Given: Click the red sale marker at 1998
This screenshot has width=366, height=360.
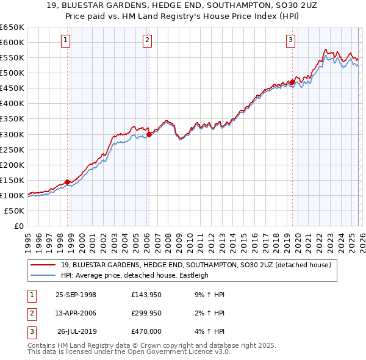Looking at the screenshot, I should click(x=68, y=181).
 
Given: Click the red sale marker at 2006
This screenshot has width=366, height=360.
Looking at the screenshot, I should click(x=149, y=134).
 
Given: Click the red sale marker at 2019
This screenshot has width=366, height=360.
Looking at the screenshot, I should click(x=292, y=82).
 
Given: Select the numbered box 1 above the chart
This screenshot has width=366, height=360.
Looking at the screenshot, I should click(x=65, y=41).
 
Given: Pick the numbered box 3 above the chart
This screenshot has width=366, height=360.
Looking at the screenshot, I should click(x=290, y=41).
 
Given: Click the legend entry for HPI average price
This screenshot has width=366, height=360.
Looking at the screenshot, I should click(x=135, y=275).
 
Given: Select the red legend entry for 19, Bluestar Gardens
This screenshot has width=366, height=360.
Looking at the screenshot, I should click(x=195, y=265).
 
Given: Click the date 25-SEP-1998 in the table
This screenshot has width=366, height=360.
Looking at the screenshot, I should click(x=76, y=295).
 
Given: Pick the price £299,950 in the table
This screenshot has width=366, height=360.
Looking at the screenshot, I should click(x=146, y=313).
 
